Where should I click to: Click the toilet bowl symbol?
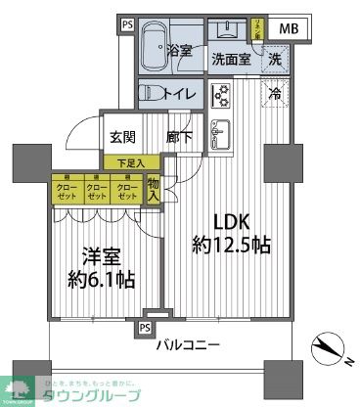[153, 94]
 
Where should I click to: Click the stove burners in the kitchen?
[220, 95]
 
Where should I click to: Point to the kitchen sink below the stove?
[220, 131]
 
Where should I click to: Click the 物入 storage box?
[153, 189]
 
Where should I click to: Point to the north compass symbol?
[330, 349]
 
